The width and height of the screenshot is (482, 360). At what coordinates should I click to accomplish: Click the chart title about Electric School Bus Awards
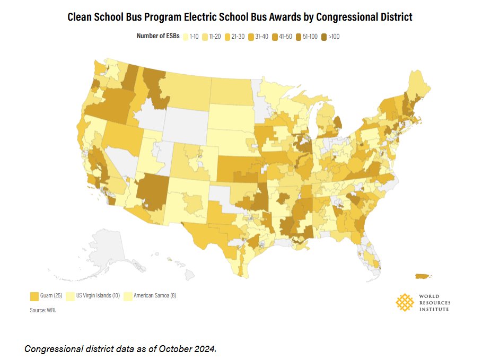240,17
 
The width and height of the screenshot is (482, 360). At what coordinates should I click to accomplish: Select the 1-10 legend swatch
186,37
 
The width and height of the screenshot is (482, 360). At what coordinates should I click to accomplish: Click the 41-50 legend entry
283,37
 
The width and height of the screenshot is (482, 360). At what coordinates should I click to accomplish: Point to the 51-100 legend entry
307,37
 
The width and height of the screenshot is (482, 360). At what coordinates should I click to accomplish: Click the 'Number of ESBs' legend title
157,37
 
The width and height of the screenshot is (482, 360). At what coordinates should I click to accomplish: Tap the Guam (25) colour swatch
34,295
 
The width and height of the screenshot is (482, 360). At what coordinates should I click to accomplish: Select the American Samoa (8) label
154,295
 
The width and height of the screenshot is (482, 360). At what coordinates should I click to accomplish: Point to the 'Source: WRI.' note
42,310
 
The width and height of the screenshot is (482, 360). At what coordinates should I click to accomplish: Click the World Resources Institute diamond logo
405,302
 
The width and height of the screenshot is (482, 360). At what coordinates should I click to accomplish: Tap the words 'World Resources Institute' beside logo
433,302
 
